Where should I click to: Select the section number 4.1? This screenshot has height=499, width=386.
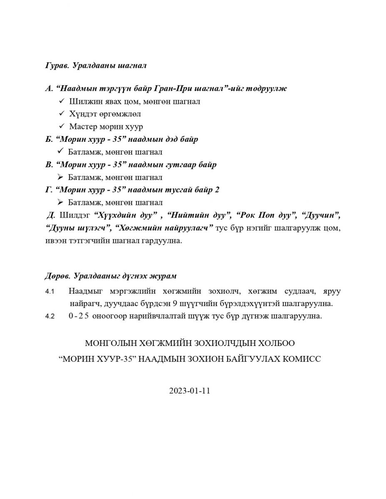50,291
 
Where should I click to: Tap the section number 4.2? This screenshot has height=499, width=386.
50,316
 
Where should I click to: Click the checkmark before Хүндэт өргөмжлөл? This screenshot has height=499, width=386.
62,114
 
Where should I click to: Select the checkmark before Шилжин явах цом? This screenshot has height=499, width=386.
62,101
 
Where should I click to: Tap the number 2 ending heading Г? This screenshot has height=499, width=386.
217,190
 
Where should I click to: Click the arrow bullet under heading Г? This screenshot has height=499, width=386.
60,203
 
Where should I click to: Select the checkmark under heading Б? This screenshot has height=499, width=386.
60,152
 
